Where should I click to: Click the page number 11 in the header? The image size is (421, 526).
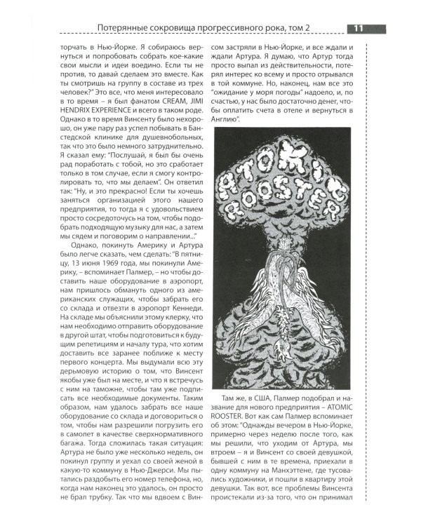pos(358,29)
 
